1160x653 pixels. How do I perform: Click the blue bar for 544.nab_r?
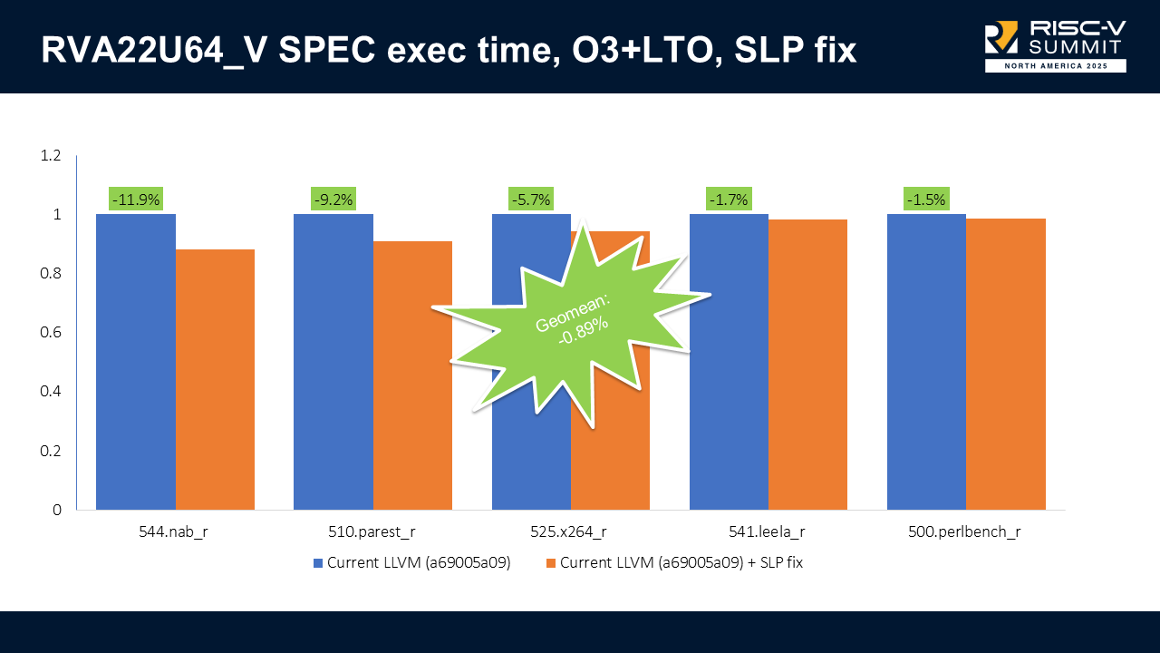point(136,362)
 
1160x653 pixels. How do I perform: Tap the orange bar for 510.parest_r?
point(412,375)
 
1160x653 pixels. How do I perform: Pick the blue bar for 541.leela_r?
point(729,362)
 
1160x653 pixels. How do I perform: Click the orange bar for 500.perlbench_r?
point(1006,364)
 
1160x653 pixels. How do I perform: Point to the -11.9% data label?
point(136,200)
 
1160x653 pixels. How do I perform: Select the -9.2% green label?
point(333,200)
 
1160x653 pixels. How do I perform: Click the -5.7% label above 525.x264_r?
point(531,200)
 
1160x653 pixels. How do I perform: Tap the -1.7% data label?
point(729,200)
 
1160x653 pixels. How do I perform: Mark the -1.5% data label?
point(926,200)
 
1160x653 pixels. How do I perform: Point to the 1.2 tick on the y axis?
point(51,156)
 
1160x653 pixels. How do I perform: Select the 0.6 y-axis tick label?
point(51,333)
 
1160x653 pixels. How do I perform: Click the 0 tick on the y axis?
point(57,510)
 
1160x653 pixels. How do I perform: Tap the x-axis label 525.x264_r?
point(569,532)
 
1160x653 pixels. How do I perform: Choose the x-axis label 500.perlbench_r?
point(964,532)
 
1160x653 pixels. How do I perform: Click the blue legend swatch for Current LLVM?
point(318,563)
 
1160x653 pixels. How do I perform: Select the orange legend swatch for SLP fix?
point(550,563)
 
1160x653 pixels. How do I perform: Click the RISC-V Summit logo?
point(1055,45)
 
